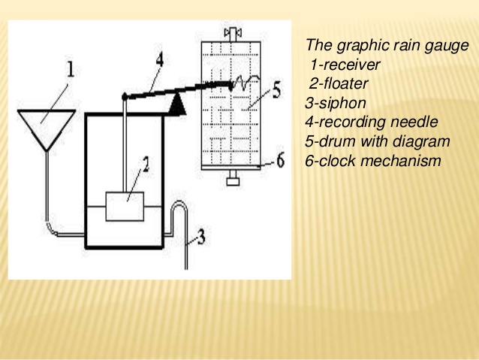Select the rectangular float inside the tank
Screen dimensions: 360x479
[x=124, y=205]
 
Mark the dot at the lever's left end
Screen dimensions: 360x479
[x=124, y=96]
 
